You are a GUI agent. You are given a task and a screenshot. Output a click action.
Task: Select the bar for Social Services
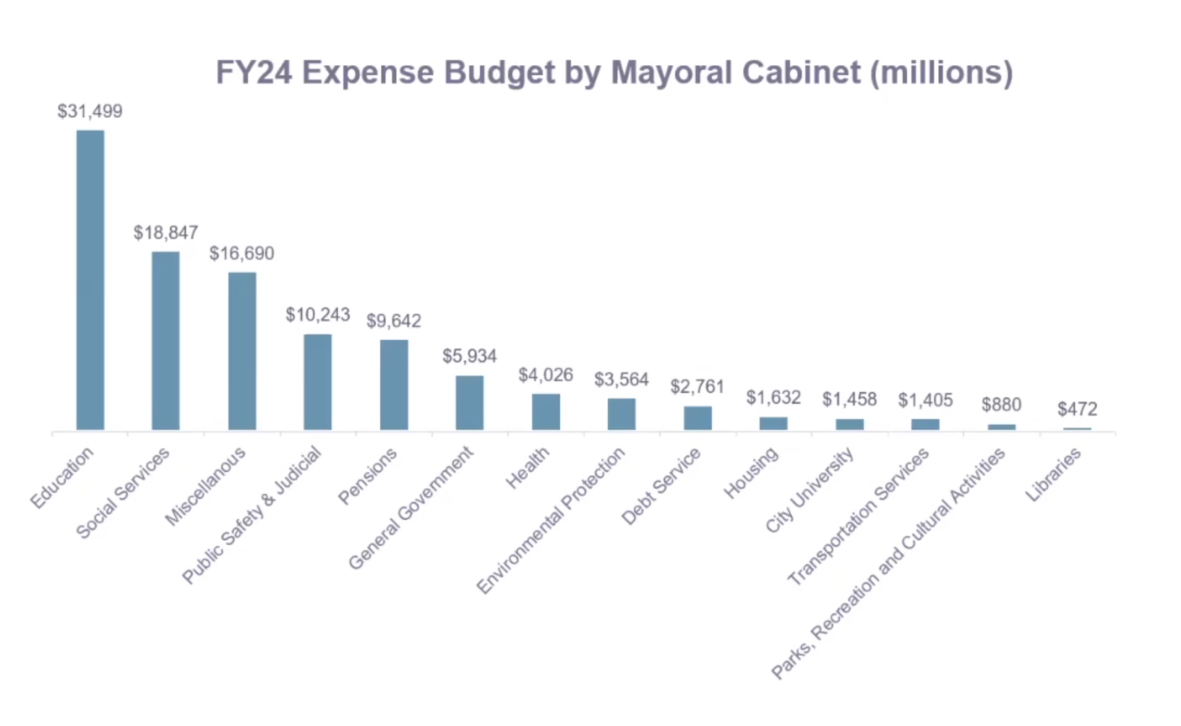coord(166,341)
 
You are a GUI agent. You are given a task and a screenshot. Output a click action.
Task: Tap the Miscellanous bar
coord(242,351)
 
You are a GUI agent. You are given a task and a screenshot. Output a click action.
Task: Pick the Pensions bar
coord(394,385)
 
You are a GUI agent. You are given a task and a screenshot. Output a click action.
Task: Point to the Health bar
coord(546,411)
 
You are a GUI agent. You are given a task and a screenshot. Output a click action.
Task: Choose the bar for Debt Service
coord(697,418)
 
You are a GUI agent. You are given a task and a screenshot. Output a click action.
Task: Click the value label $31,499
coord(90,111)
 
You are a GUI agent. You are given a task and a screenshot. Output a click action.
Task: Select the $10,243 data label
coord(318,315)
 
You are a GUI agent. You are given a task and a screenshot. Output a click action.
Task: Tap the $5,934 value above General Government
coord(470,356)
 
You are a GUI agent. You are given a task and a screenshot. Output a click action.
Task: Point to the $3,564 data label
coord(622,380)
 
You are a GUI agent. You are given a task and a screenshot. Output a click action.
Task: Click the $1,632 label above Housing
coord(773,398)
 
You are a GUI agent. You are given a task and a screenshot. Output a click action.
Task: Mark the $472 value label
coord(1077,409)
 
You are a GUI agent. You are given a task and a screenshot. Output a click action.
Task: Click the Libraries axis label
coord(1053,474)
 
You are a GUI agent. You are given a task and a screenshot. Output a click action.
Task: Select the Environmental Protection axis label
coord(551,520)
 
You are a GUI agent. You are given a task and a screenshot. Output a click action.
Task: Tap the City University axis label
coord(809,490)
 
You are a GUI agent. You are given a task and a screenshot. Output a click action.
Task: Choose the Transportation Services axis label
coord(858,516)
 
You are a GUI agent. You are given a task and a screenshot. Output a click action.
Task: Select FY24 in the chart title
coord(254,72)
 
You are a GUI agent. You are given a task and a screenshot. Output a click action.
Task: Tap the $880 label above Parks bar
coord(1001,405)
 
